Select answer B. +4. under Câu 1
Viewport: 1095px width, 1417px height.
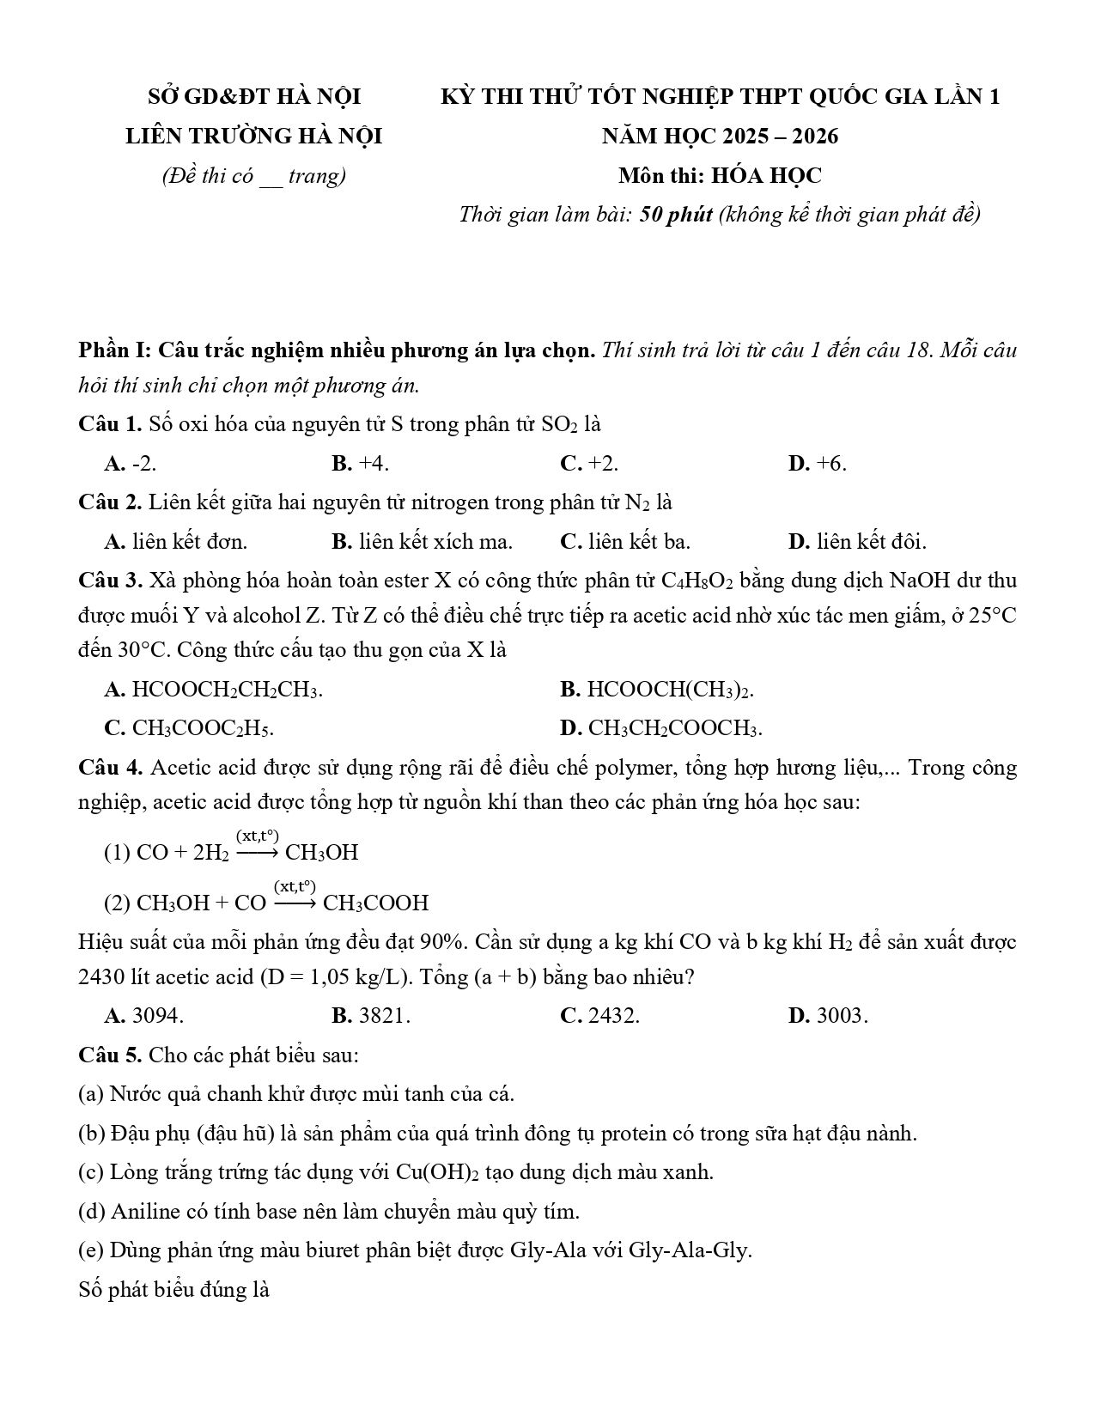(360, 464)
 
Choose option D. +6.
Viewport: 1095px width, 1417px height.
(817, 464)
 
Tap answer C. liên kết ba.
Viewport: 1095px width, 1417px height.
(624, 542)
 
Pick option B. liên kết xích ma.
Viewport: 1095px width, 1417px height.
(422, 542)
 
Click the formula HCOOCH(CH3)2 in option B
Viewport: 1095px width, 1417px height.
(670, 690)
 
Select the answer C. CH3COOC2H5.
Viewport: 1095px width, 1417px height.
(189, 728)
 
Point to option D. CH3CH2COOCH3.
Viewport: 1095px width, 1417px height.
(660, 728)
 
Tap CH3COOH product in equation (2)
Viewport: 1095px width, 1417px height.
(376, 903)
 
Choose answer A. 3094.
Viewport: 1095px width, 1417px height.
(143, 1016)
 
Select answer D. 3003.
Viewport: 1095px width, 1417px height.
(828, 1016)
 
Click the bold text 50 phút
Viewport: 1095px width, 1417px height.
(676, 215)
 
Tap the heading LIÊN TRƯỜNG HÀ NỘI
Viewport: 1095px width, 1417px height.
(253, 137)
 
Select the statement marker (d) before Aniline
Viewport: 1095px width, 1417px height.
(92, 1212)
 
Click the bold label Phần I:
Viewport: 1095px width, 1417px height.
(115, 350)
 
